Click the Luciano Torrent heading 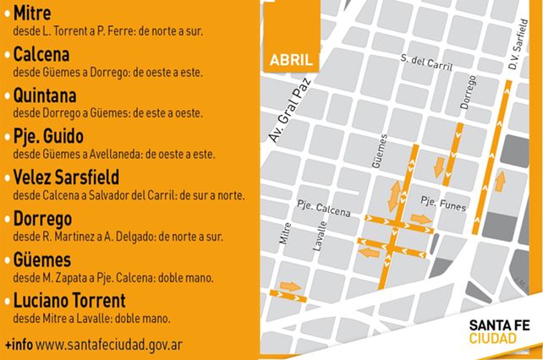click(x=69, y=300)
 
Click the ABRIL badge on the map click(x=290, y=61)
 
